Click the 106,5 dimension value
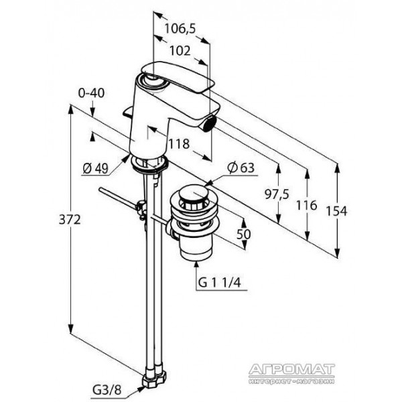coord(180,28)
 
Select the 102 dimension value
coord(180,51)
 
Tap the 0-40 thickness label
coord(91,93)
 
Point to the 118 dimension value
coord(179,144)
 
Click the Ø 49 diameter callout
coord(96,168)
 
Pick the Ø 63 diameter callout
coord(241,168)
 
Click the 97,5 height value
coord(277,194)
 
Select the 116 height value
coord(307,206)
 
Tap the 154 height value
coord(336,211)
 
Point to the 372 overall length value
coord(70,220)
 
